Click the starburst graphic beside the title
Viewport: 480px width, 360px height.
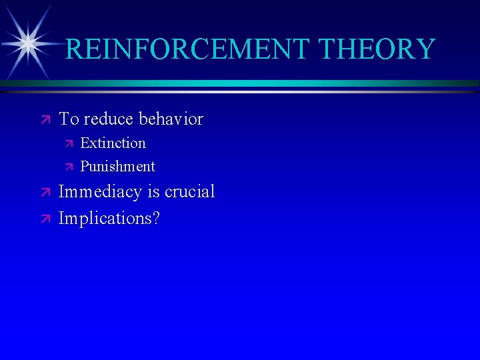click(x=27, y=44)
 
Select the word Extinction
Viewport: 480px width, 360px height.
click(x=113, y=143)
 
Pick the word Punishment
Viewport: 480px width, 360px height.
click(x=117, y=166)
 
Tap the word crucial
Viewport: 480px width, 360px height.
click(x=189, y=192)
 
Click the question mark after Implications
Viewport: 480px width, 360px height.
click(x=156, y=218)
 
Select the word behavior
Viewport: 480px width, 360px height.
click(x=171, y=119)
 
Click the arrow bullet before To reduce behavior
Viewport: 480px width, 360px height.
click(x=45, y=119)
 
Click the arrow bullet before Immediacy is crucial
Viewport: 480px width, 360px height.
click(x=45, y=192)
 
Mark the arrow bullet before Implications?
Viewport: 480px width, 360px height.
click(x=45, y=218)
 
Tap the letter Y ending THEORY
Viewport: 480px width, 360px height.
click(x=425, y=49)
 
